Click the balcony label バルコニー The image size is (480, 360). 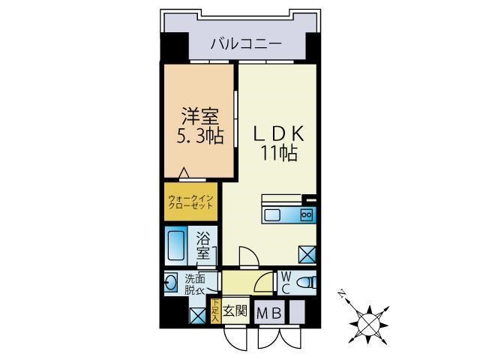[245, 44]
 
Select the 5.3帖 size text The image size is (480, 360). [199, 136]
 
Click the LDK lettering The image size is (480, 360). [278, 134]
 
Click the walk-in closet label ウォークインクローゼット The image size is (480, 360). [191, 202]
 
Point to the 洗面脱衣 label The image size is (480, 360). [194, 283]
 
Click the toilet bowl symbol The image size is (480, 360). [306, 283]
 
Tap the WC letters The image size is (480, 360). [286, 283]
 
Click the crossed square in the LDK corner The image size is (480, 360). [307, 253]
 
